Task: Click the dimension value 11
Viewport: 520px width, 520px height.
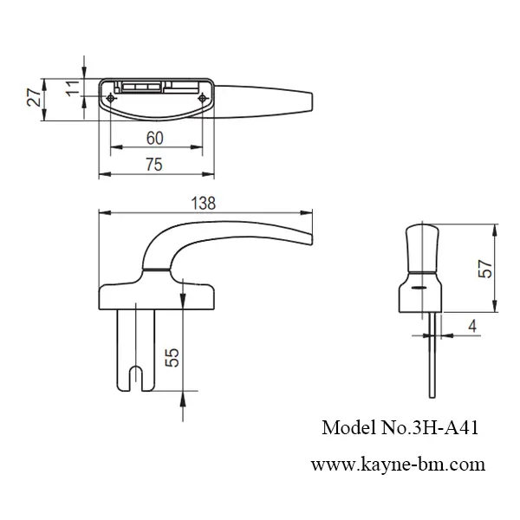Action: click(x=73, y=88)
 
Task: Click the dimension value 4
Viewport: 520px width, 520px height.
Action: click(x=471, y=326)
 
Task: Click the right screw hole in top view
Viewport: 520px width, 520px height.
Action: click(x=203, y=99)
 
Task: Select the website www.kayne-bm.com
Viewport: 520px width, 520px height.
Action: click(x=397, y=464)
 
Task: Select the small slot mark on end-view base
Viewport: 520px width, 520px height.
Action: click(x=419, y=287)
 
